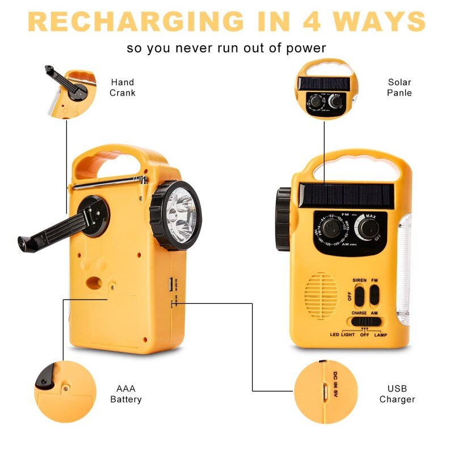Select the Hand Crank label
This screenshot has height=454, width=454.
(123, 87)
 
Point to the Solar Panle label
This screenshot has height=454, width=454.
(400, 87)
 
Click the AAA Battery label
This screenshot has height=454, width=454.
(126, 394)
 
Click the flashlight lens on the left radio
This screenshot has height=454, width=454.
(181, 216)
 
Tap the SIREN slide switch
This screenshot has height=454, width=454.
(359, 296)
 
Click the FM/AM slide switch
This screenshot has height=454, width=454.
(375, 296)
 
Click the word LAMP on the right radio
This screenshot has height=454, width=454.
(381, 335)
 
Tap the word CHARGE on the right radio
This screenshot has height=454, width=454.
(359, 313)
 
